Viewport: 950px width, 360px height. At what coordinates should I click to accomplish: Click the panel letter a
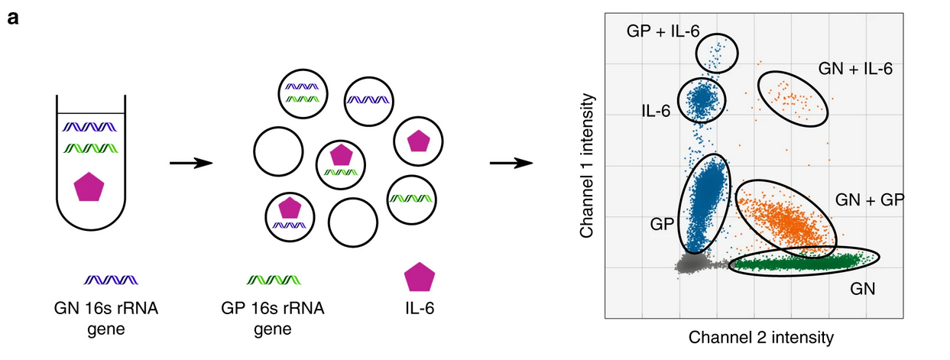(x=12, y=17)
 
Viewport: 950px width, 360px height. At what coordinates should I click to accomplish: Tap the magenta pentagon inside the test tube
(x=91, y=187)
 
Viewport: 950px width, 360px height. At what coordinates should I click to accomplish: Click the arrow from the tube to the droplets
(x=188, y=163)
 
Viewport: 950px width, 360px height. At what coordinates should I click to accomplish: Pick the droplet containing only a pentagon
(x=417, y=141)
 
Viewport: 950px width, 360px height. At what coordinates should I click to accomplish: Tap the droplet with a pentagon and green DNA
(x=341, y=163)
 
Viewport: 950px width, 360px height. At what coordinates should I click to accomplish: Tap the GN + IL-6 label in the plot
(x=855, y=69)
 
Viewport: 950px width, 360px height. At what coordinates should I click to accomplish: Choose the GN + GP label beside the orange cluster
(x=871, y=200)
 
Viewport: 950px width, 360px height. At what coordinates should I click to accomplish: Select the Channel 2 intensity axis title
(x=760, y=336)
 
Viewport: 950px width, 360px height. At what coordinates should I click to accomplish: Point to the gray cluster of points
(x=692, y=264)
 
